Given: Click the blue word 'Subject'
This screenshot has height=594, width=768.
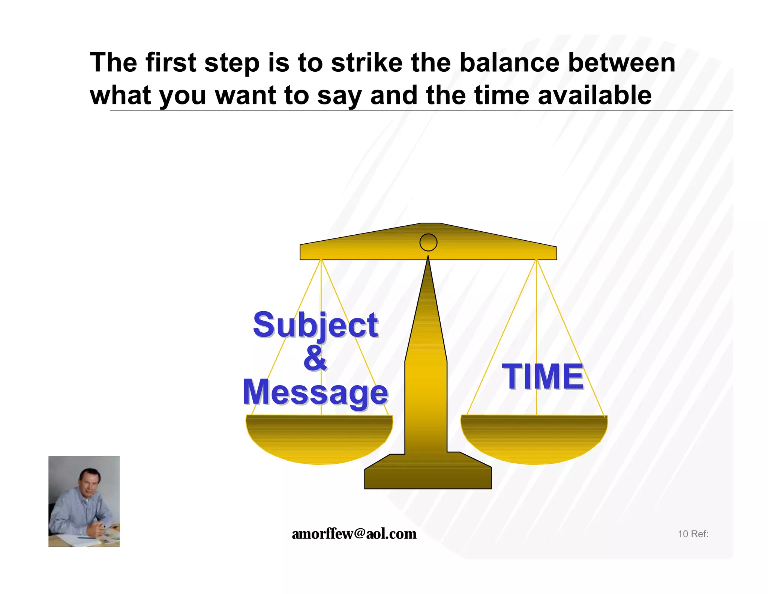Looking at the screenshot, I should point(315,325).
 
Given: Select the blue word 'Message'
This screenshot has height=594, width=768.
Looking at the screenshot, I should point(315,392).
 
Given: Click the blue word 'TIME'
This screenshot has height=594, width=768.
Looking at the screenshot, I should point(543,377).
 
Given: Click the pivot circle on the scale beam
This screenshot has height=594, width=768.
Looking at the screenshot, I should point(428,242).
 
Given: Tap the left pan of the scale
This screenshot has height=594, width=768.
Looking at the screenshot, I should point(319,439).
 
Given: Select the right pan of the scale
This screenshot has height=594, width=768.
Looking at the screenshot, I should point(534,439).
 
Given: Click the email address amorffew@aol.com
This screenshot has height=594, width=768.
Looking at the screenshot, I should point(354,534).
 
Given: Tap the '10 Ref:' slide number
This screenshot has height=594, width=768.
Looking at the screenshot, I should point(693,534).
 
